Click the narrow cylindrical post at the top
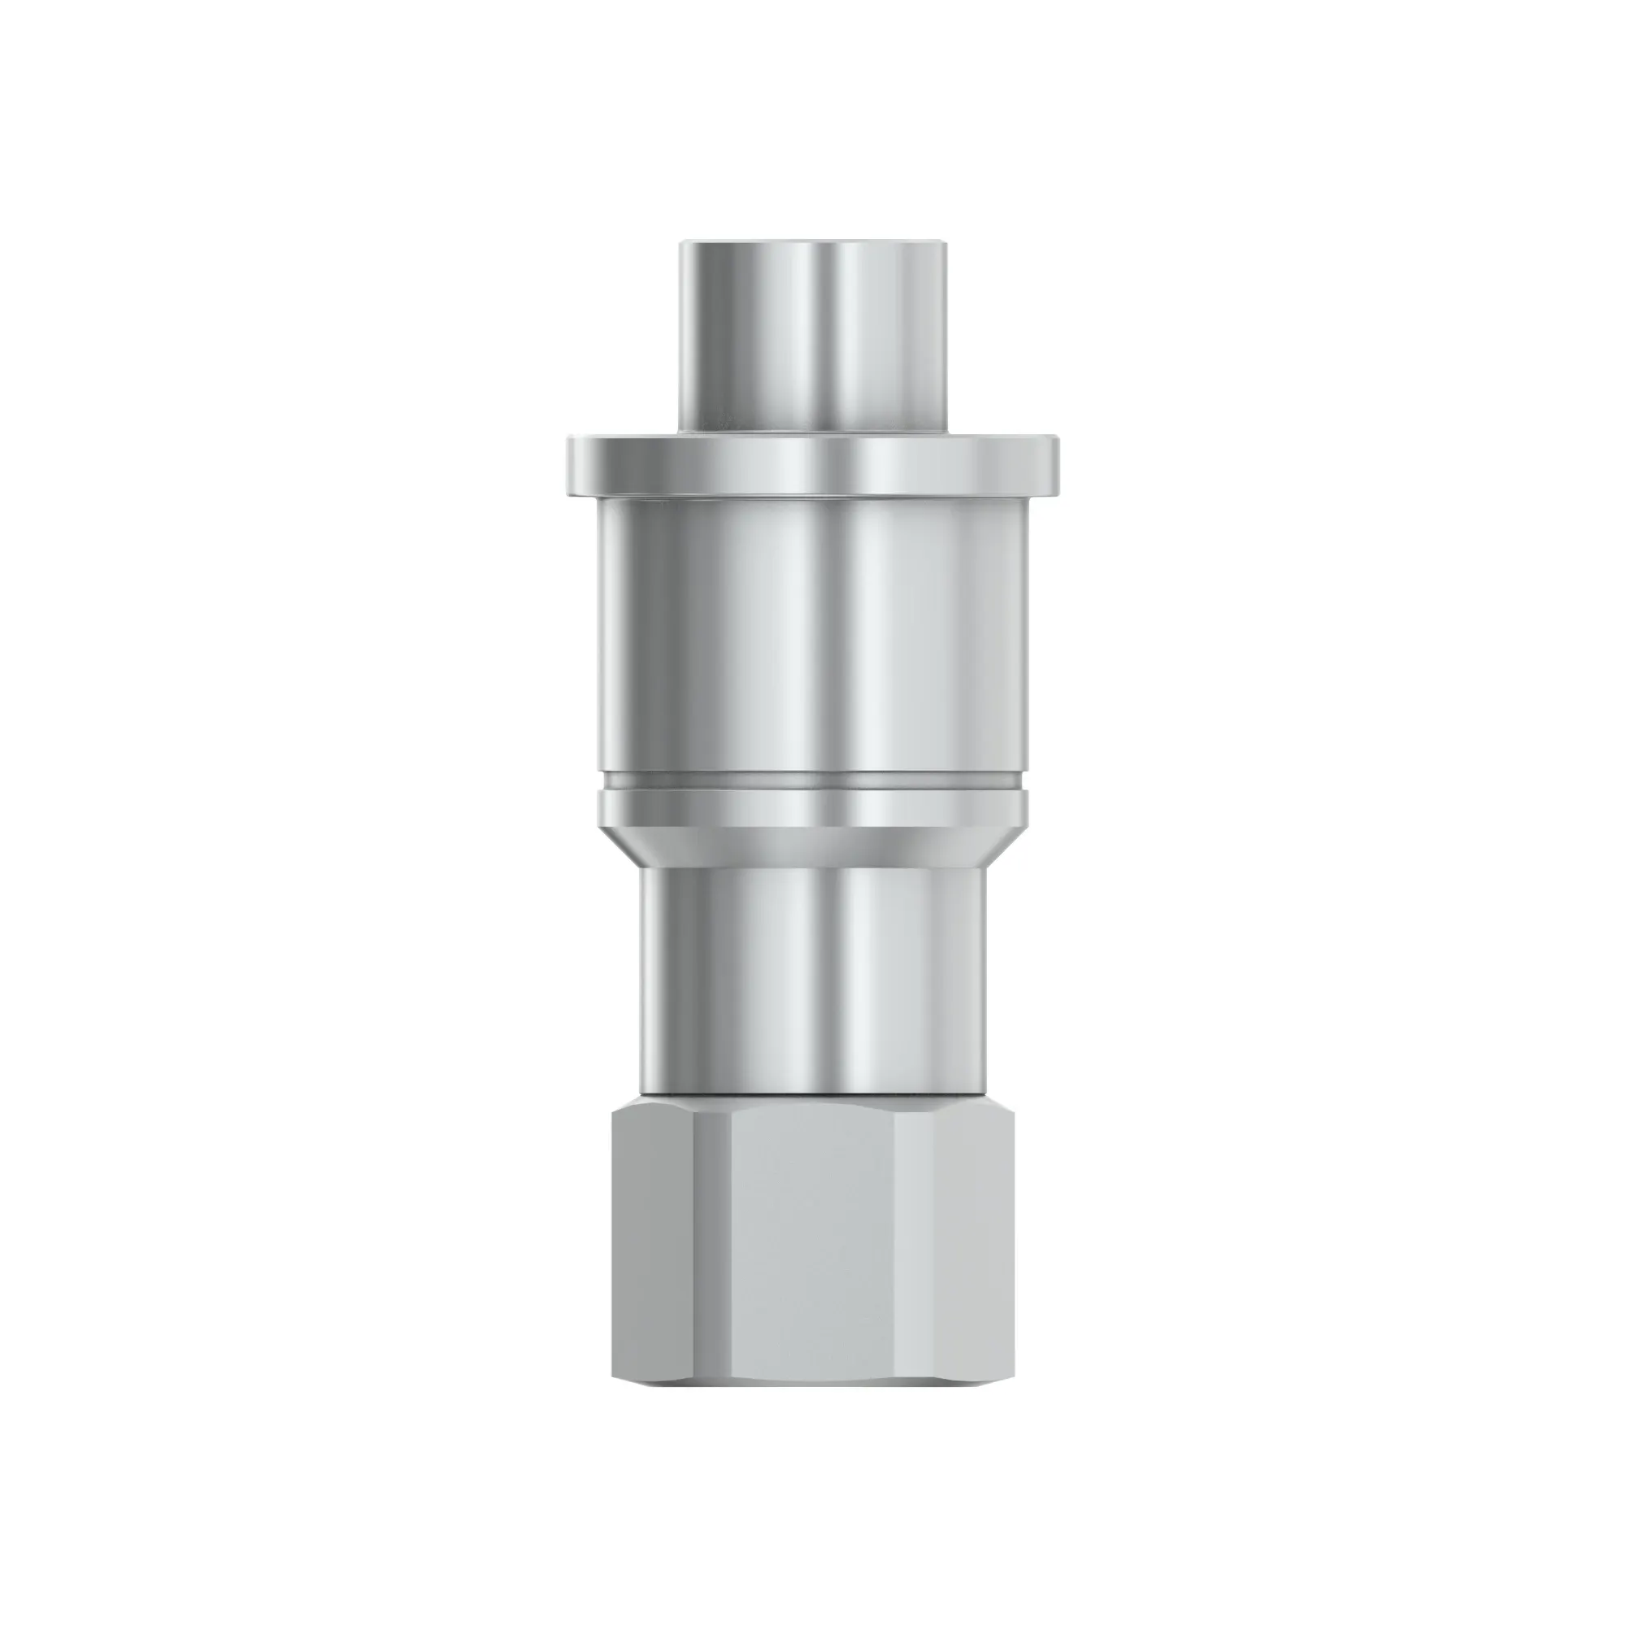coord(812,337)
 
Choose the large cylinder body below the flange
coord(812,640)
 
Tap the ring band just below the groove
coord(812,809)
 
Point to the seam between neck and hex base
coord(812,1094)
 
